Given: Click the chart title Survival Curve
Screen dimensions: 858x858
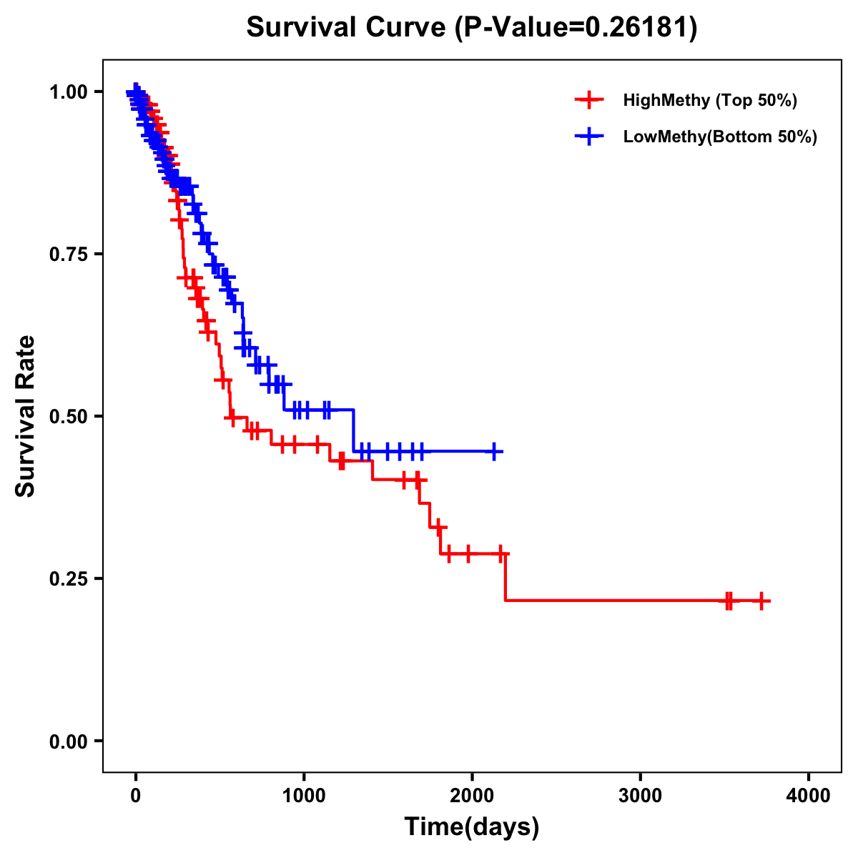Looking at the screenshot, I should (347, 27).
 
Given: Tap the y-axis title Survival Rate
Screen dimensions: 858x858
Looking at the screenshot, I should (26, 415).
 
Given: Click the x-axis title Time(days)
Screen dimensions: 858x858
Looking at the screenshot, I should (472, 827).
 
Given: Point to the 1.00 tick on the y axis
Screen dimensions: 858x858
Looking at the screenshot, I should (68, 92).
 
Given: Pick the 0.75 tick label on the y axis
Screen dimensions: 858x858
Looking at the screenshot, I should (68, 254).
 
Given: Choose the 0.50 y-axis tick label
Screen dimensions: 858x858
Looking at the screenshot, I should (68, 416).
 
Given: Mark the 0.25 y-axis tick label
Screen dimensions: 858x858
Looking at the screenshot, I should (68, 578).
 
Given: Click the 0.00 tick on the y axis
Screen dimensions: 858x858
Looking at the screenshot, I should (68, 741).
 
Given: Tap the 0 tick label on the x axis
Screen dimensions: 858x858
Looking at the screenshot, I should (135, 796).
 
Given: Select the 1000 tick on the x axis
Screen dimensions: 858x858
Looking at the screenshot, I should (304, 796).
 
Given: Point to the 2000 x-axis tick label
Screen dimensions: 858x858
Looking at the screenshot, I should (472, 796).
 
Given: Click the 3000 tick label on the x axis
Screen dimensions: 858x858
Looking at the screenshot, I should (640, 796).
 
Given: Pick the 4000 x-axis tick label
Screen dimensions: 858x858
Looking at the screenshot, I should (809, 796).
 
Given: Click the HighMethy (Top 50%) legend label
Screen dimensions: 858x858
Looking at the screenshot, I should (710, 100).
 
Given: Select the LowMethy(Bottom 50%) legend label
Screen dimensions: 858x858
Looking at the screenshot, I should (720, 137).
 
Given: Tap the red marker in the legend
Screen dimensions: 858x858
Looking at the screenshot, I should (589, 100).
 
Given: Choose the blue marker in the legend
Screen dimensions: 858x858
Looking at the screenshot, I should (589, 137).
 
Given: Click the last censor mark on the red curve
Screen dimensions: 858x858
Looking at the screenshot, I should (761, 601).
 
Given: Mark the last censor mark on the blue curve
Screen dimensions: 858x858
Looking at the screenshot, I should (493, 451).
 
